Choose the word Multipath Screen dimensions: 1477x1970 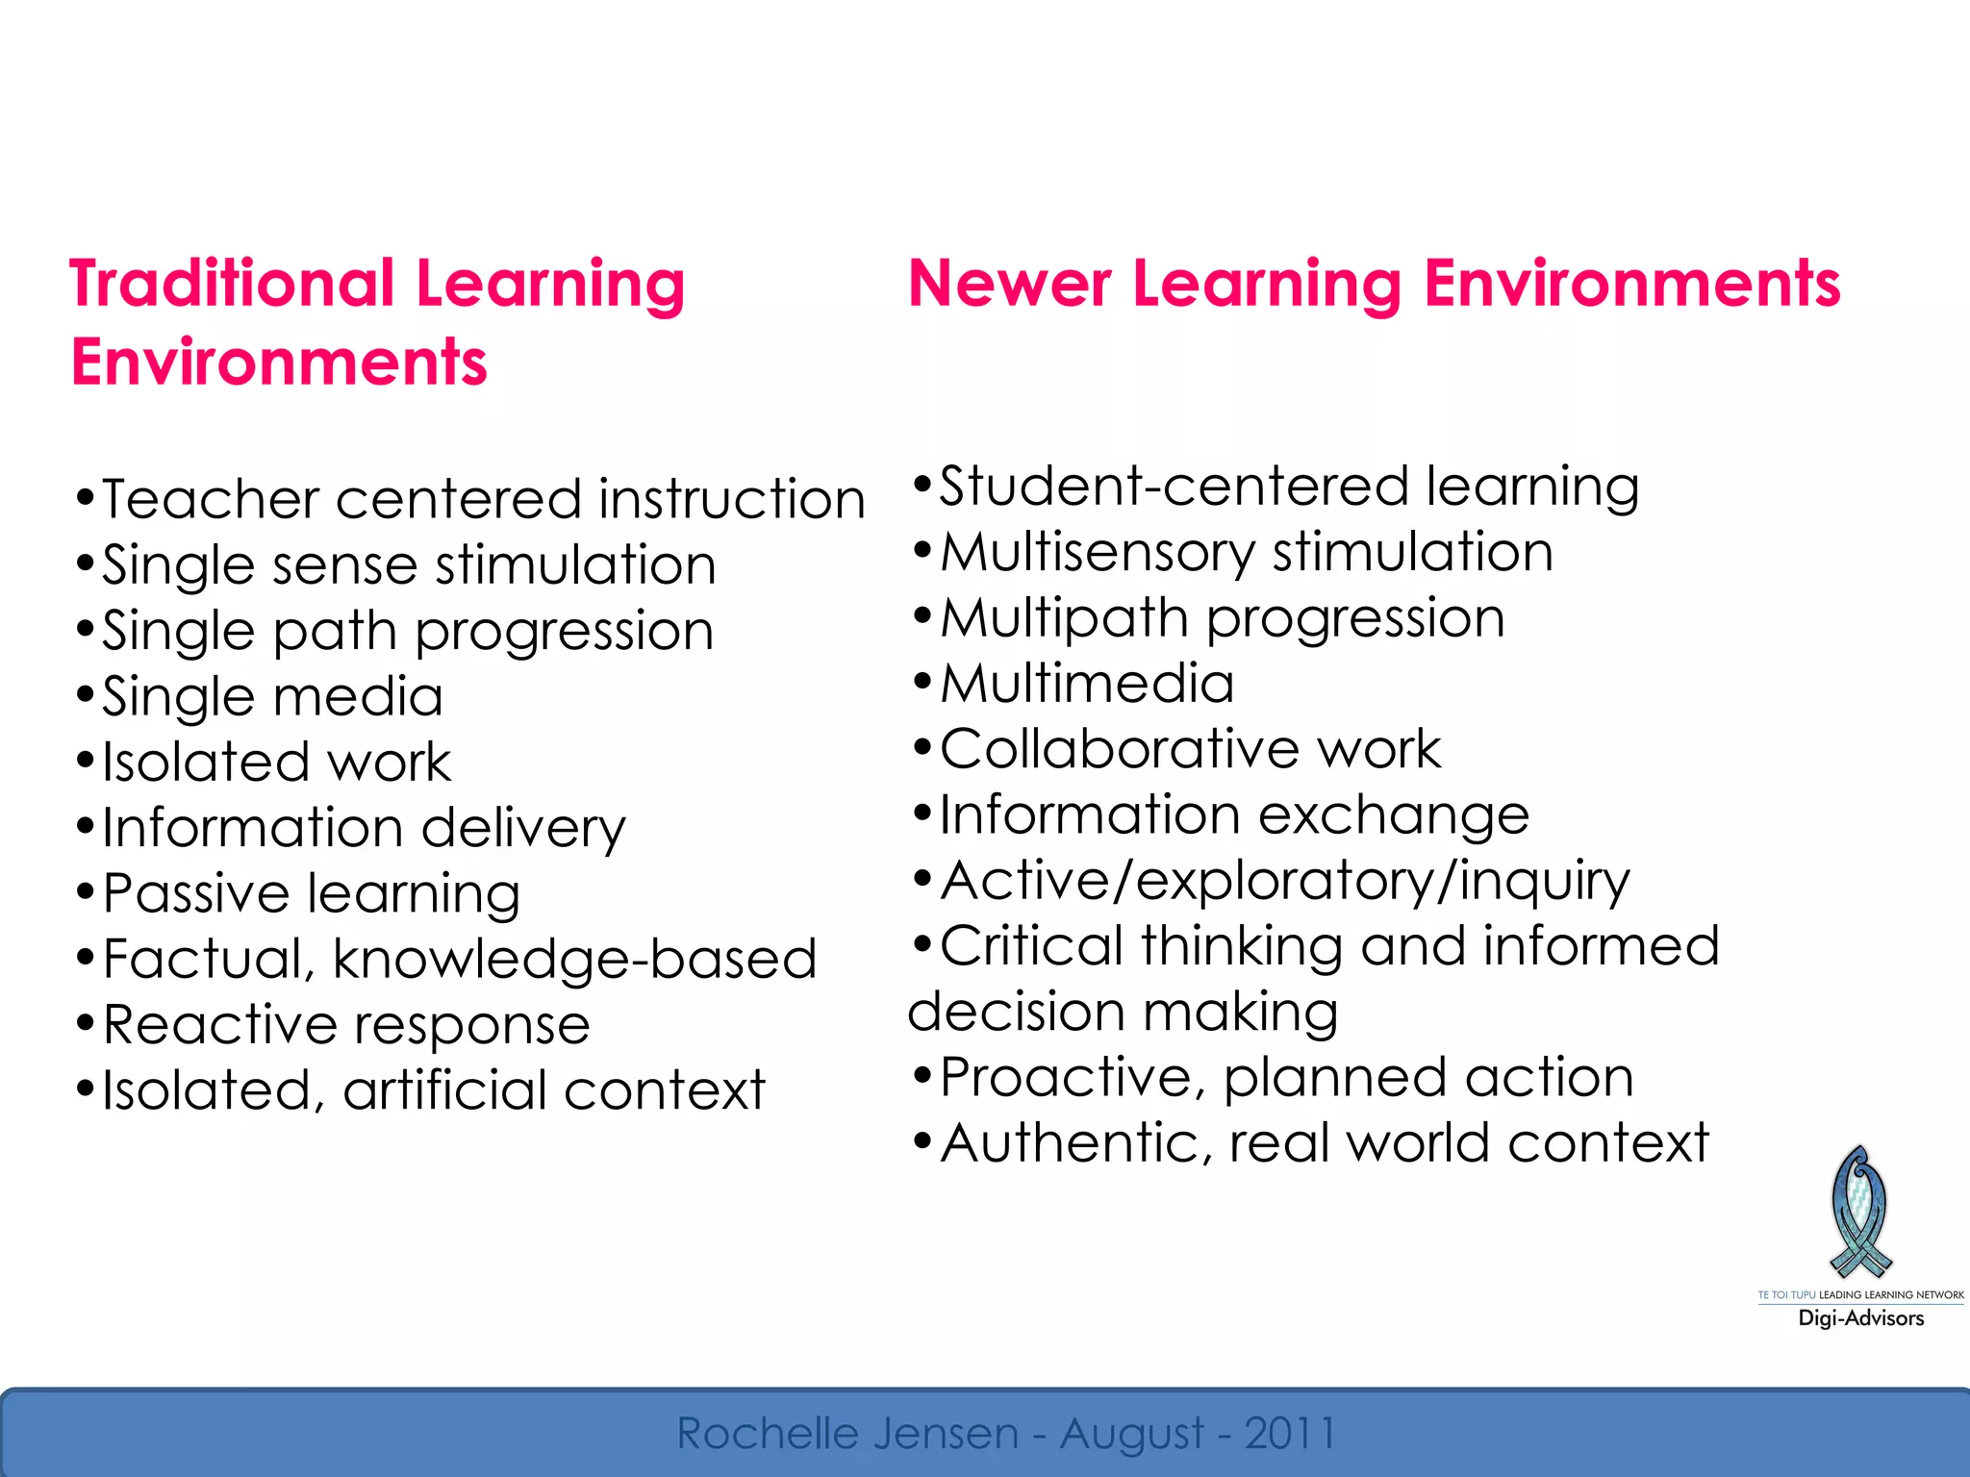click(1064, 618)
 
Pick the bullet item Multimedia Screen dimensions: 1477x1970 click(1087, 684)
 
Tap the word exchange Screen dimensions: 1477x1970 click(1394, 816)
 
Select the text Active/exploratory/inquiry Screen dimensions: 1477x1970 click(1285, 882)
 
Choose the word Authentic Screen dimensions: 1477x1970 click(1068, 1143)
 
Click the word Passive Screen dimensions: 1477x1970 click(196, 894)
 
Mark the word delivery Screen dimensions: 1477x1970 click(523, 829)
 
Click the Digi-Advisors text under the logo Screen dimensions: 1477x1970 click(1860, 1318)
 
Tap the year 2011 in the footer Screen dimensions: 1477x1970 click(1291, 1434)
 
